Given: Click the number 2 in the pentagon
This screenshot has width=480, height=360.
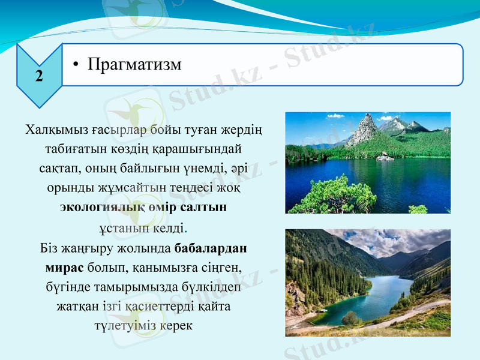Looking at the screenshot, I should coord(39,76).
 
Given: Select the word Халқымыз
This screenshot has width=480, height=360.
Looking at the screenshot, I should coord(58,130).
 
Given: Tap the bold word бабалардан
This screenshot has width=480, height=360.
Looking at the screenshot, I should coord(212,248).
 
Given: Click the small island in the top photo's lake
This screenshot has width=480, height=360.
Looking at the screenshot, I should coord(382,157).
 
